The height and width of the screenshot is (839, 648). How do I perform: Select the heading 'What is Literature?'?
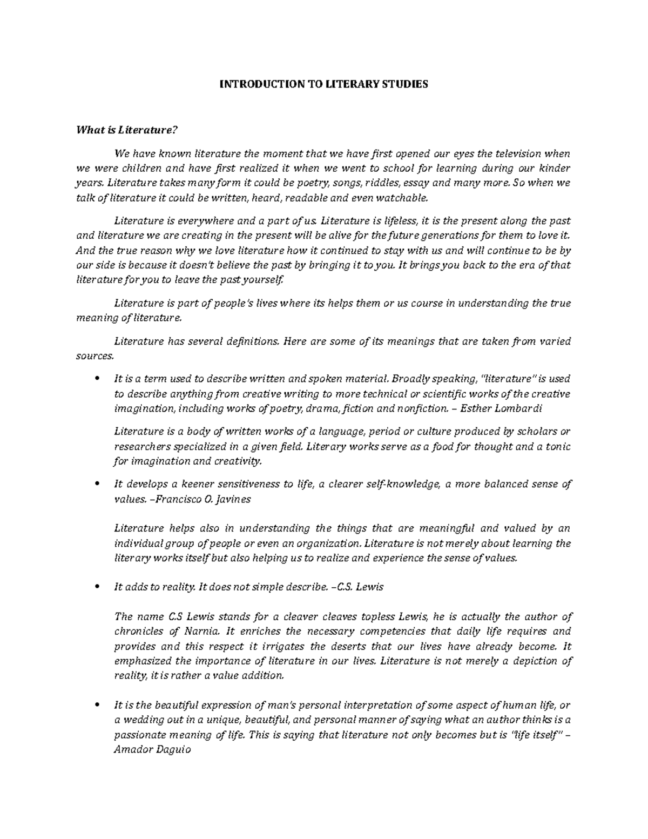pos(127,130)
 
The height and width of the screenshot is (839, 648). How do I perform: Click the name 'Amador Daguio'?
pos(153,750)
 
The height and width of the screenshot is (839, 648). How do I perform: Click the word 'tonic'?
pos(558,446)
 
